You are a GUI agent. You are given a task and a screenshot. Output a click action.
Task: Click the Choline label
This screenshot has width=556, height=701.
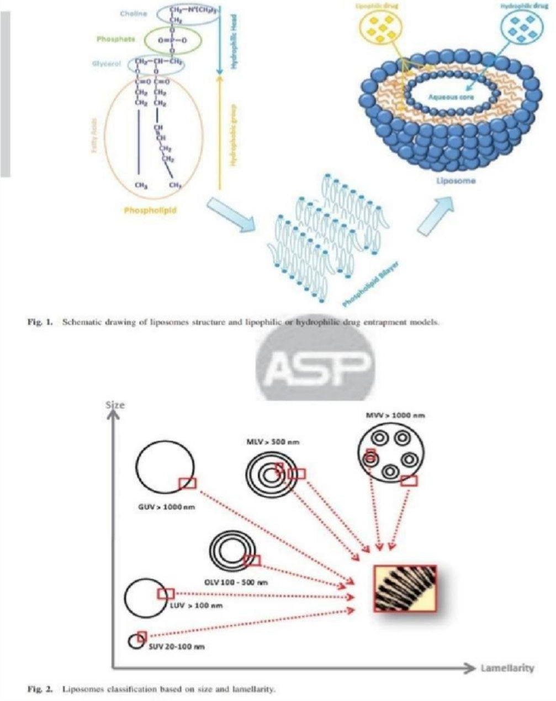point(133,13)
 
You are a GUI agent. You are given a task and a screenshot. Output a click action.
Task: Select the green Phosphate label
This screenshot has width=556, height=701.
point(115,40)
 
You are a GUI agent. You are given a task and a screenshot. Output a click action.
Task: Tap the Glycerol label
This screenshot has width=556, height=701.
point(107,64)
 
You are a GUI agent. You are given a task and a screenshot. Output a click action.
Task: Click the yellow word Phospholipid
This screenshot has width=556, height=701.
point(150,210)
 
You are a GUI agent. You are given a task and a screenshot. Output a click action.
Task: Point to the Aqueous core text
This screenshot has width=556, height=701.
point(451,97)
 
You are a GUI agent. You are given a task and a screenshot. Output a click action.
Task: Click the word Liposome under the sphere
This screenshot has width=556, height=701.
point(456,180)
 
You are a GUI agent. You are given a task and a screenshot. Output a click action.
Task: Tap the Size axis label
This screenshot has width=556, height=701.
point(115,405)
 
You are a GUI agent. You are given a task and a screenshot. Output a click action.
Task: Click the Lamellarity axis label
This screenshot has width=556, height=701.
point(507,668)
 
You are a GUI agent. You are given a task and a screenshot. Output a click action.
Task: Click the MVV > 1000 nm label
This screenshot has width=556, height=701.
point(396,415)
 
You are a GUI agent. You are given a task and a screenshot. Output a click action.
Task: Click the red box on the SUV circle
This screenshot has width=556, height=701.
point(142,635)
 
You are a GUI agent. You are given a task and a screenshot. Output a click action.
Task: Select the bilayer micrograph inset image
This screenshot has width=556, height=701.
point(405,588)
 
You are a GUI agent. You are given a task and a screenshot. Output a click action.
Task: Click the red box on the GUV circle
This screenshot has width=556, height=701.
point(187,484)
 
